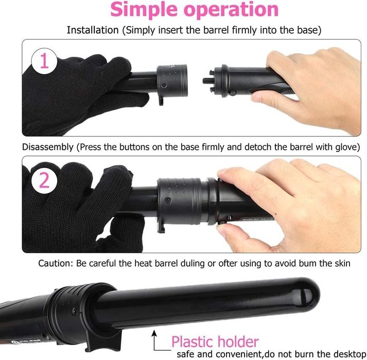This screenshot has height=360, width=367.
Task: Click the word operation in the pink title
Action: pos(231,9)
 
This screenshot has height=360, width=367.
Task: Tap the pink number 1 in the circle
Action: pos(44,61)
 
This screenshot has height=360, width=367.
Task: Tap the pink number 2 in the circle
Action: pos(44,180)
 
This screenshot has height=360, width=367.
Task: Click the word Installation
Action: pos(93,30)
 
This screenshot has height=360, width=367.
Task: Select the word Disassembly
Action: pos(48,147)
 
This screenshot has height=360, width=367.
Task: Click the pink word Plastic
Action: pos(194,342)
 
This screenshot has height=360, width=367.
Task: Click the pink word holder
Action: pos(239,342)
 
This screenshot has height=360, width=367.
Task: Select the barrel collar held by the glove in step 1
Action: pos(172,81)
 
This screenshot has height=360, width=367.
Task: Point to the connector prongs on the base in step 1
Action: pos(209,81)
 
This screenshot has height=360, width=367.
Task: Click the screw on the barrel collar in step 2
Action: pos(168,200)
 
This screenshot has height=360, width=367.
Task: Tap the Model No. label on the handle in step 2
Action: pos(256,219)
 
